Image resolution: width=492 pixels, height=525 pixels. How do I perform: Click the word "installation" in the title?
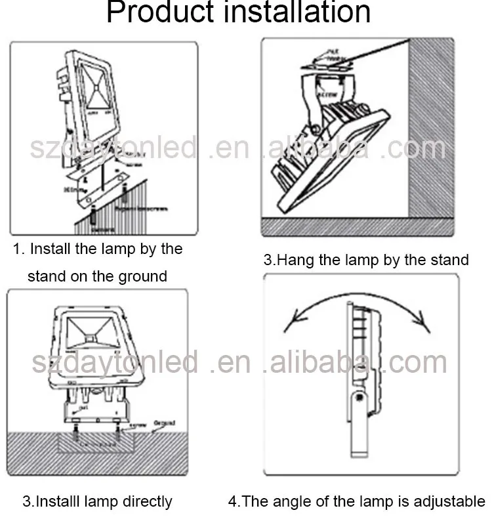click(x=296, y=13)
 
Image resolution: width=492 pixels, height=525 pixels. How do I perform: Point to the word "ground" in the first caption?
click(x=142, y=277)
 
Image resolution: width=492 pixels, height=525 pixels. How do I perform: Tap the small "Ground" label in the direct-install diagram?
click(x=165, y=423)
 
